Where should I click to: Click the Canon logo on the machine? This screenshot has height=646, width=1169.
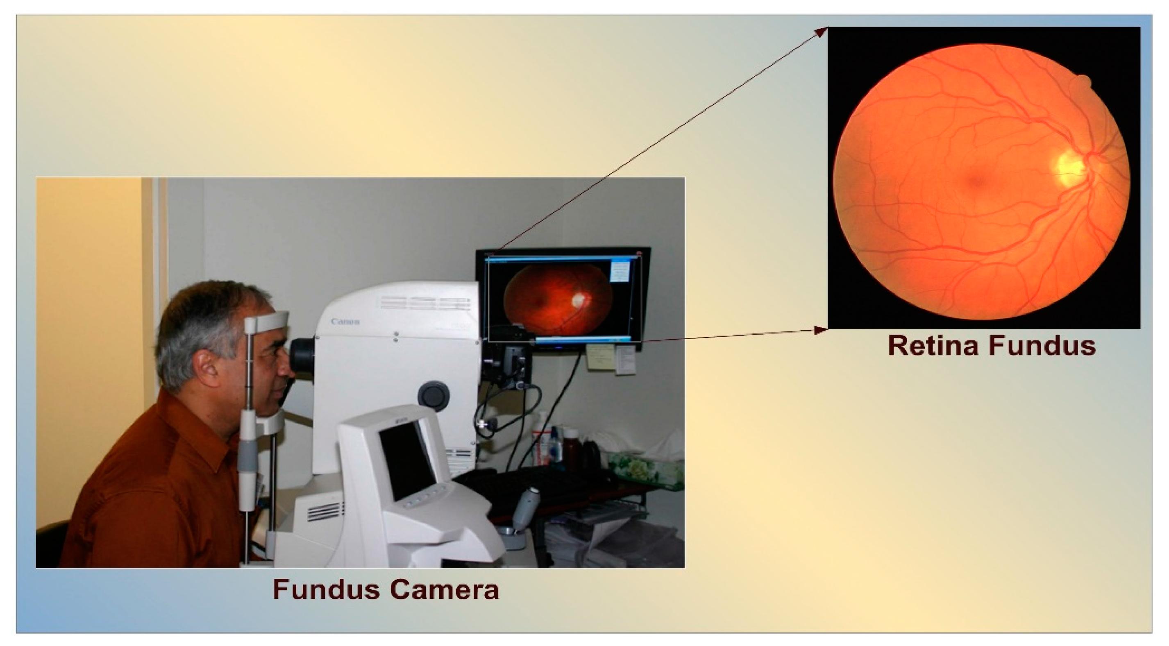(345, 322)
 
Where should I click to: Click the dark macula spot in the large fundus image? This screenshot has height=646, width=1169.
(976, 181)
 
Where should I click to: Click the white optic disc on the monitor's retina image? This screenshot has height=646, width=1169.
(579, 299)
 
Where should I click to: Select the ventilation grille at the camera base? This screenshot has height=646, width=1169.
(323, 512)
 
